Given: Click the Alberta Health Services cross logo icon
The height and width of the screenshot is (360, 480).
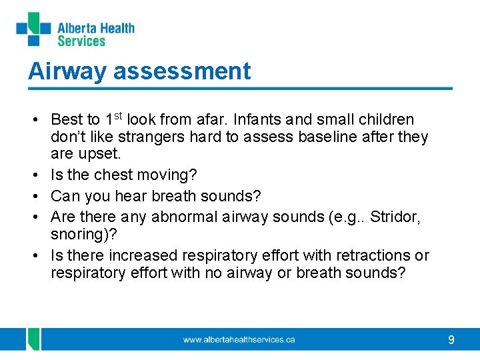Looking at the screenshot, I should [x=33, y=29].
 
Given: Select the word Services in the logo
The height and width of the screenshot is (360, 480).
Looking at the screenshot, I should [x=81, y=41].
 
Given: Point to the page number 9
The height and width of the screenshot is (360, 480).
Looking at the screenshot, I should [x=451, y=340].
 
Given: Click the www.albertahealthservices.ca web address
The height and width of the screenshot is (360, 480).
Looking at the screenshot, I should [x=239, y=340].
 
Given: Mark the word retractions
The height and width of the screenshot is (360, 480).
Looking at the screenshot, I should [x=375, y=255].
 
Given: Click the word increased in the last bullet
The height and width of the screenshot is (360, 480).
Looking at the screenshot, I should [x=142, y=255].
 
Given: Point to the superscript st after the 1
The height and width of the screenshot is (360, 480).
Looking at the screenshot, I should [x=117, y=116].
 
